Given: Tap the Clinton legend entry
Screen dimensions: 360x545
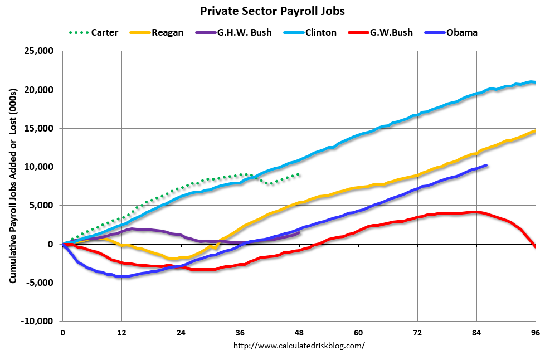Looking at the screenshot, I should pyautogui.click(x=320, y=32).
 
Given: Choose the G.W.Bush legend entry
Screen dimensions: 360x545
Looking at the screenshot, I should pyautogui.click(x=391, y=32).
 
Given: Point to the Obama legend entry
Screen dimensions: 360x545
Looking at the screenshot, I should pyautogui.click(x=461, y=32).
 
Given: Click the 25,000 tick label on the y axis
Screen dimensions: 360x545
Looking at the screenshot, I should pyautogui.click(x=37, y=51).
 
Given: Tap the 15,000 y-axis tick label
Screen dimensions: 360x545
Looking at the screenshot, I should pyautogui.click(x=37, y=129).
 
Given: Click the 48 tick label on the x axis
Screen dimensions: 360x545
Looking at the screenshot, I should pyautogui.click(x=299, y=333).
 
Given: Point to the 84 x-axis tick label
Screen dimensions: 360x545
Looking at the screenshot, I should pyautogui.click(x=476, y=333).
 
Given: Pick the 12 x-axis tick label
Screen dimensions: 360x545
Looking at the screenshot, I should pyautogui.click(x=121, y=333).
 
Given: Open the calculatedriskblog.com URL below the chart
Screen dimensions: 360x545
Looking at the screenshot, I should pyautogui.click(x=299, y=346).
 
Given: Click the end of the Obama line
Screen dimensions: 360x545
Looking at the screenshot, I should pyautogui.click(x=486, y=165).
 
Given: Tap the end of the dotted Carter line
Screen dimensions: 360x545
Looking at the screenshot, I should pyautogui.click(x=299, y=174).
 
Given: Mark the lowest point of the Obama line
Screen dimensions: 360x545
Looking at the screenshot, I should pyautogui.click(x=119, y=276).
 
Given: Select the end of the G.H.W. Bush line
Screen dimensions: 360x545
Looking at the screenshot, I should pyautogui.click(x=299, y=233).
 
